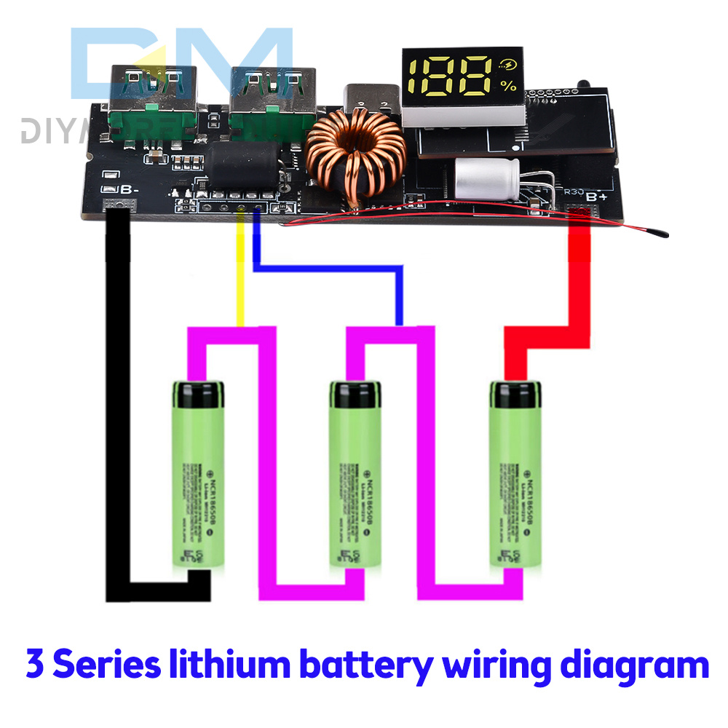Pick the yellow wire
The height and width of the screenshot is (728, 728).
click(x=240, y=277)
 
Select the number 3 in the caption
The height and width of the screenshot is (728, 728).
click(x=33, y=665)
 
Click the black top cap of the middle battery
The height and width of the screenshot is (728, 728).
click(x=355, y=393)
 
